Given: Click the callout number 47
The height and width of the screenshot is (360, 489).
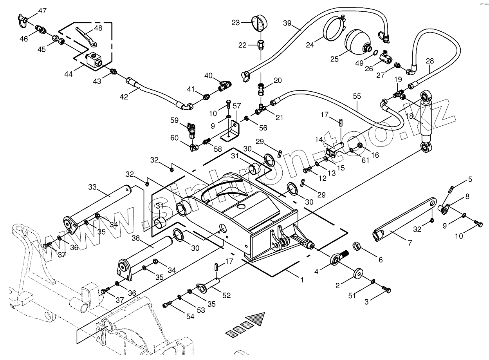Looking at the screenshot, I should [x=42, y=11].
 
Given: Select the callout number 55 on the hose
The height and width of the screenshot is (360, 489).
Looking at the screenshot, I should [x=357, y=96].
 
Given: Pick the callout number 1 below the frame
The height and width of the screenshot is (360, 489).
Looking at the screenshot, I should [x=302, y=280].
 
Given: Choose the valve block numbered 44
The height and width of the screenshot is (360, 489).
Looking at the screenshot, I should [x=95, y=59].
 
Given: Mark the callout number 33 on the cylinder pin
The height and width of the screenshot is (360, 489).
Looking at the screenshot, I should [x=92, y=187].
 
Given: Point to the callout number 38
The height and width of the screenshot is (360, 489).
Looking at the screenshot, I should [x=135, y=238].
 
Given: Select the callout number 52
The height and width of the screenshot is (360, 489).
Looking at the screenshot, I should [x=226, y=296].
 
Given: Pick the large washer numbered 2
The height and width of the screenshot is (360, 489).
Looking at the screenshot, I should [x=358, y=273].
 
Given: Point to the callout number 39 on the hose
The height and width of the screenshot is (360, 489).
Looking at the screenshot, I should [x=287, y=23].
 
